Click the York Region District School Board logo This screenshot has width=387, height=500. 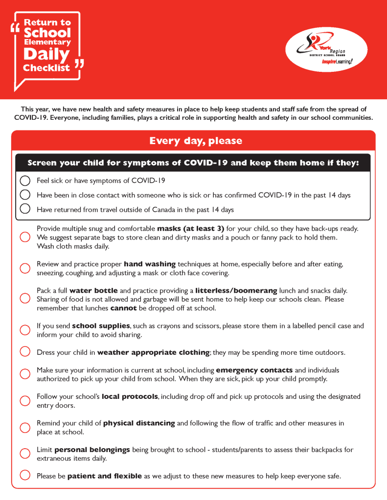coord(326,49)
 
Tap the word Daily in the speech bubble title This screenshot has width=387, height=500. coord(46,54)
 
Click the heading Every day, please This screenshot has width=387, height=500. coord(196,141)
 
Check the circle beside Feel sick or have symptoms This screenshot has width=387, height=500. coord(25,181)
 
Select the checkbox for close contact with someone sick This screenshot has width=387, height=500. coord(25,195)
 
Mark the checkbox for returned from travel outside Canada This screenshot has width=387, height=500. coord(25,209)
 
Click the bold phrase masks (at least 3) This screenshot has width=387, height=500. coord(190,228)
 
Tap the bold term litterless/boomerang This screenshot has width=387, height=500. coord(236,290)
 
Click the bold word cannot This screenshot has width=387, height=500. coord(123,308)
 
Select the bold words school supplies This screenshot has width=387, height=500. coord(101,326)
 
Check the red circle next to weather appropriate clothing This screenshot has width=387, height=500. coord(25,352)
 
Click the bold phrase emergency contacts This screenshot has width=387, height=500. coord(254,370)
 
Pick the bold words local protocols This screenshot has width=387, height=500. coord(130,396)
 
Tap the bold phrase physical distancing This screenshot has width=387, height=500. coord(139,423)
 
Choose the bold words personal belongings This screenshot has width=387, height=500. coord(92,450)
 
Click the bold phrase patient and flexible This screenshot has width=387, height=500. coord(104,476)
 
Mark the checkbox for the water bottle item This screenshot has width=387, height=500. coord(25,299)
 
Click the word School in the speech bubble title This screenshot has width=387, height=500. coord(47,33)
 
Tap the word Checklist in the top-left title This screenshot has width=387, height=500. coord(46,68)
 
